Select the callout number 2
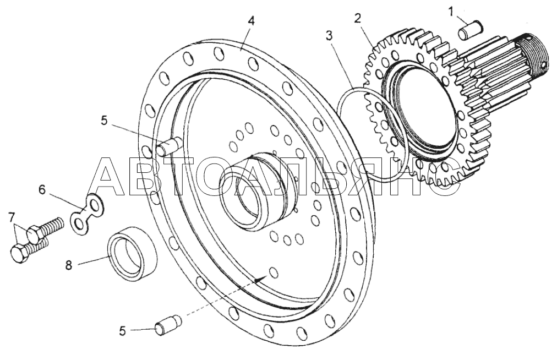[357, 18]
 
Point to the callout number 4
[251, 20]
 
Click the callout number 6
[42, 190]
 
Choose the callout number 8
[69, 265]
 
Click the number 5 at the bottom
[123, 331]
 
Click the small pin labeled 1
[469, 30]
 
